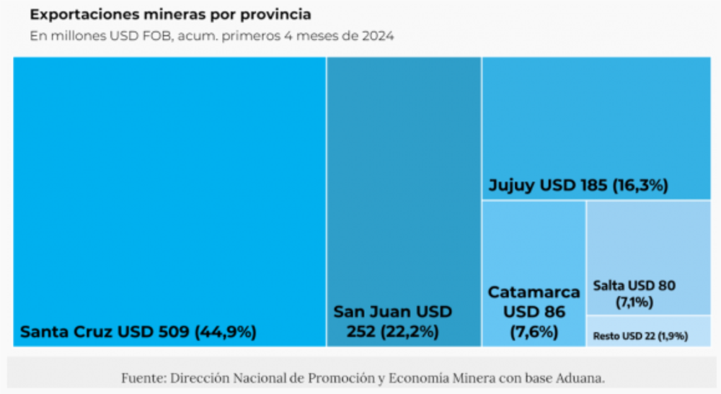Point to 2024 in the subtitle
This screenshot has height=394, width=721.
pyautogui.click(x=378, y=36)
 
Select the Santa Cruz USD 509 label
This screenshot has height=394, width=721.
pyautogui.click(x=104, y=332)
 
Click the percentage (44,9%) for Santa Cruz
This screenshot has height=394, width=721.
pyautogui.click(x=224, y=332)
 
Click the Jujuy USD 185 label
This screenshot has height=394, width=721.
pyautogui.click(x=548, y=186)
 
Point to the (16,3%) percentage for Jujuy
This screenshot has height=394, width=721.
pyautogui.click(x=640, y=186)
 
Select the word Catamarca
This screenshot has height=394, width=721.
pyautogui.click(x=534, y=292)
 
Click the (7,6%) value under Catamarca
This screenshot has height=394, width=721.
pyautogui.click(x=534, y=332)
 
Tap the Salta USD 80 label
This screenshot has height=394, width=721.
pyautogui.click(x=634, y=286)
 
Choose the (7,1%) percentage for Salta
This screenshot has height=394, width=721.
pyautogui.click(x=634, y=302)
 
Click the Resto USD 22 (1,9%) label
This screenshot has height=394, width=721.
pyautogui.click(x=640, y=336)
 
